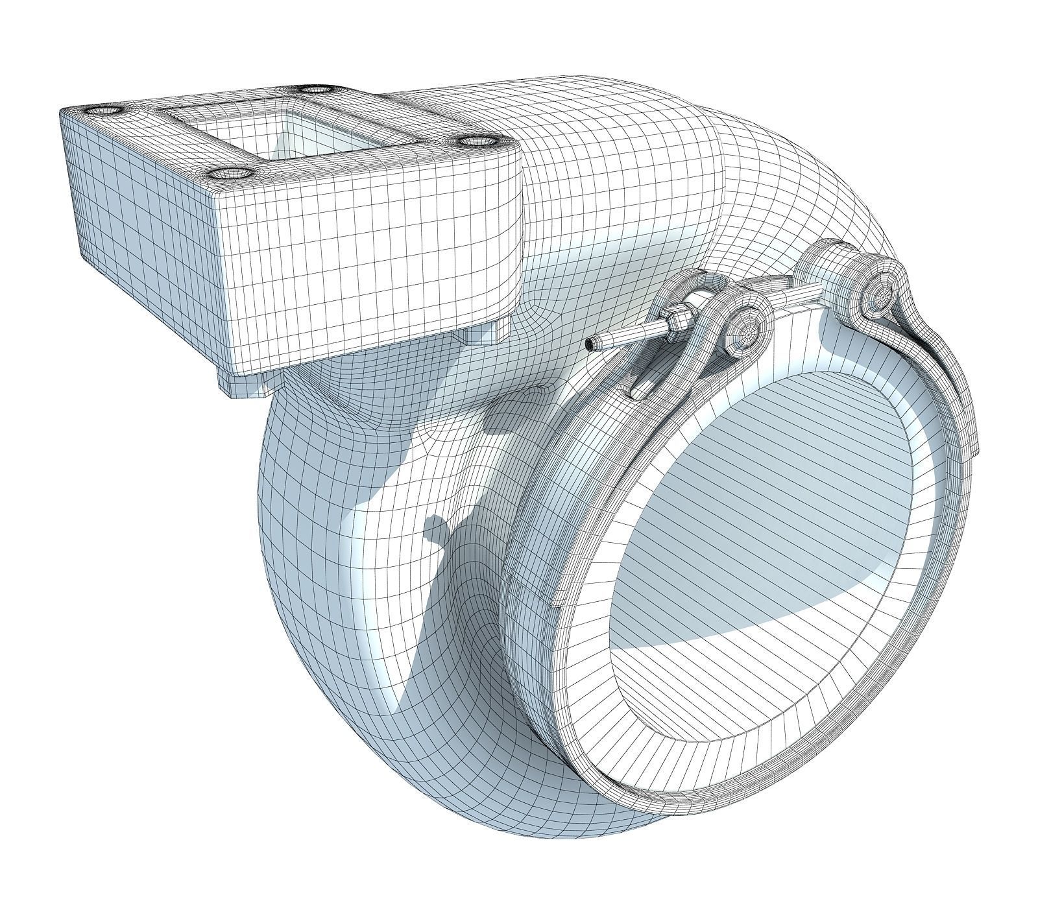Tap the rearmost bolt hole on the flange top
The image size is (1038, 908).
coord(317,89)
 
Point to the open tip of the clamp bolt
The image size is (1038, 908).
coord(589,345)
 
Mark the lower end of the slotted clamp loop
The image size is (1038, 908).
coord(638,390)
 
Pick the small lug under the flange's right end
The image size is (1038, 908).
coord(483,335)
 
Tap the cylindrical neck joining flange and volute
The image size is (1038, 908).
coord(584,214)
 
